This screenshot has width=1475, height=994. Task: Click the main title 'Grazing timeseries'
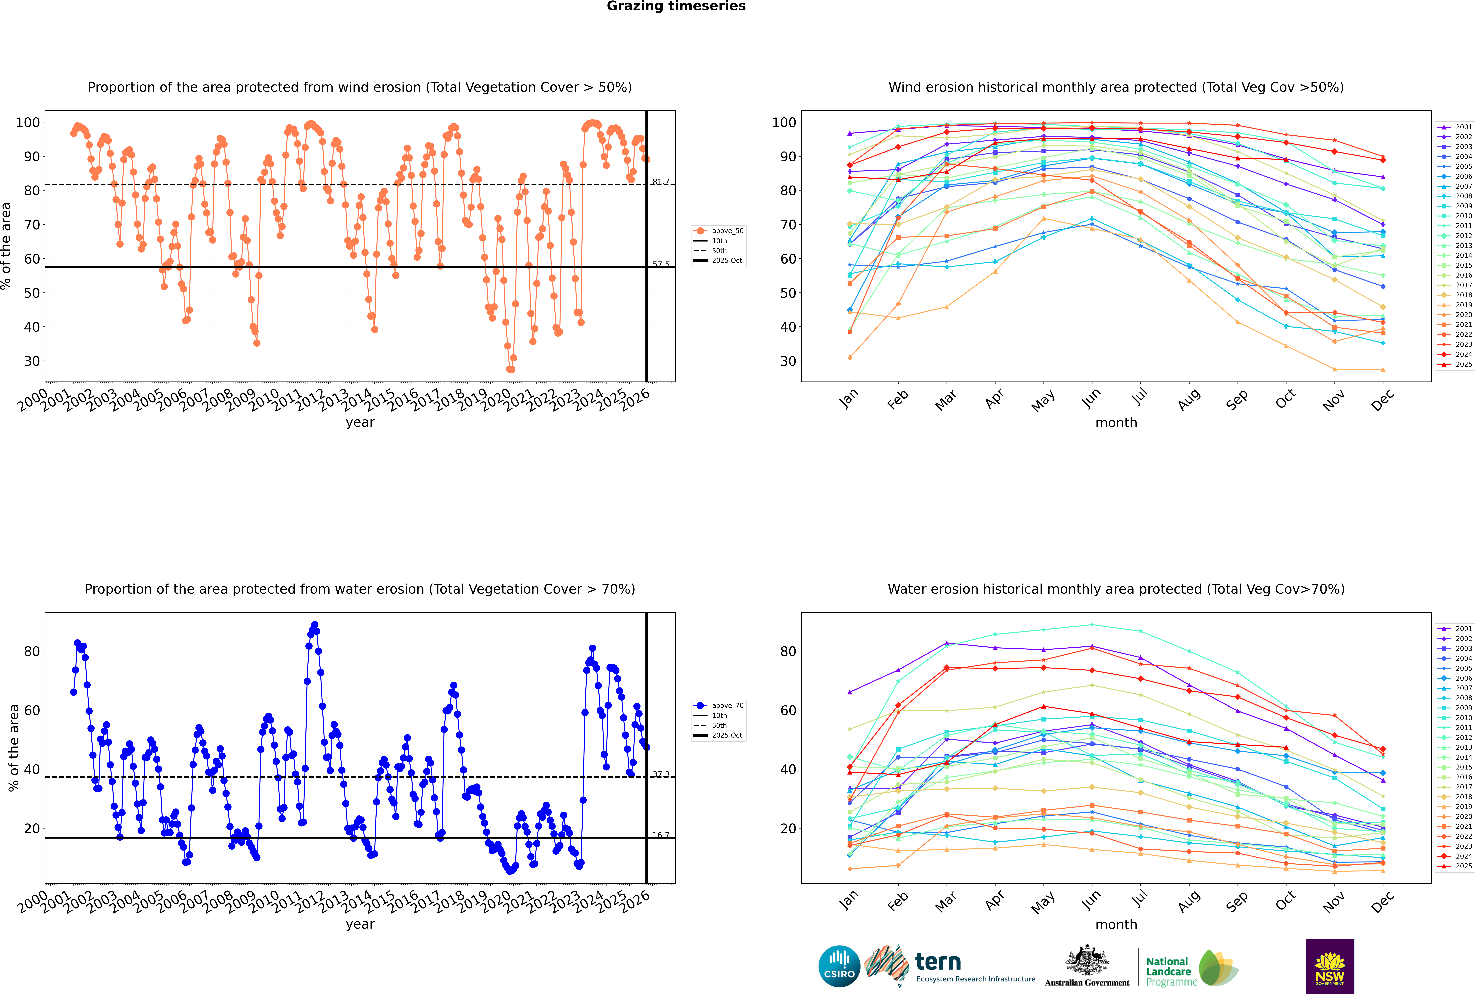676,6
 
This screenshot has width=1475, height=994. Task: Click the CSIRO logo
839,966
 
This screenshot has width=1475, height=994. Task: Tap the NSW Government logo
1330,966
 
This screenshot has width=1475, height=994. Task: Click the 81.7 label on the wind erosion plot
661,182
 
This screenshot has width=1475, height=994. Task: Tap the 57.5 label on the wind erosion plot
661,264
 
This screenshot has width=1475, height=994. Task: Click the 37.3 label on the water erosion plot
661,775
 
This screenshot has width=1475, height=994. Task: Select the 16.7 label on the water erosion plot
661,835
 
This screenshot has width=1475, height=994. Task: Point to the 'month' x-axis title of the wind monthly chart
1116,423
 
